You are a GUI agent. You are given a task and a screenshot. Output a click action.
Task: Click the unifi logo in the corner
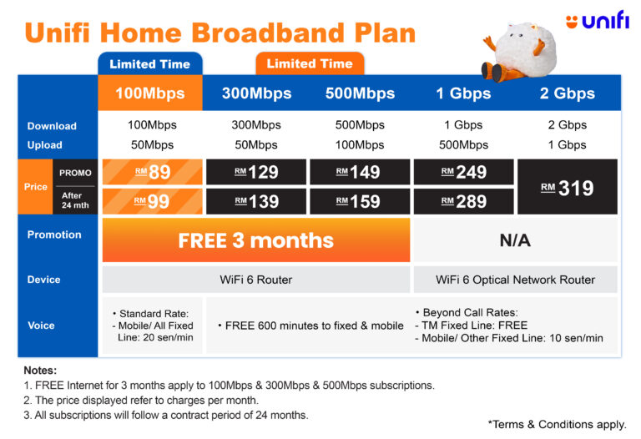coord(598,20)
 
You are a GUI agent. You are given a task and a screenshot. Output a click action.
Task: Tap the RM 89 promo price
coord(153,172)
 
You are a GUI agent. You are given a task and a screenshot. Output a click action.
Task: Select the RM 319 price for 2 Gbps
coord(568,187)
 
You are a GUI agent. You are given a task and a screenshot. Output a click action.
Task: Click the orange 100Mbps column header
coord(150,93)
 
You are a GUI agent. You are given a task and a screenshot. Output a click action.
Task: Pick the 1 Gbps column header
coord(463,93)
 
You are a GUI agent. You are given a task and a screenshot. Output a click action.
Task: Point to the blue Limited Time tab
coord(150,63)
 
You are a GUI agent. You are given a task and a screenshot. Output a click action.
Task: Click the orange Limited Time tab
coord(310,63)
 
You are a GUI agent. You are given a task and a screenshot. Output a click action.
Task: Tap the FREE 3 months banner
coord(256,240)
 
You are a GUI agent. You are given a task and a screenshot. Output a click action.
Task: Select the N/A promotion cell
coord(516,240)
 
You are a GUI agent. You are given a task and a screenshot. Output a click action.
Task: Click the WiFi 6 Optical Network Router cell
coord(516,280)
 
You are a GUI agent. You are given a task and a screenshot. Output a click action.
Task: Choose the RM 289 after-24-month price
coord(463,201)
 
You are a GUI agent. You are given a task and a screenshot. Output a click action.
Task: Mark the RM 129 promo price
coord(256,172)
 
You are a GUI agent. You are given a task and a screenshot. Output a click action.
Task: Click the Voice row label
coord(41,325)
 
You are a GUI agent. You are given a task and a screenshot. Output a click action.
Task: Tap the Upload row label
coord(44,145)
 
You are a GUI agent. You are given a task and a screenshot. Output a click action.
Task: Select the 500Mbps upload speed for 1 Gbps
coord(463,144)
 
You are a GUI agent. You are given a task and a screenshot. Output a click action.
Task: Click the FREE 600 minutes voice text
coord(311,325)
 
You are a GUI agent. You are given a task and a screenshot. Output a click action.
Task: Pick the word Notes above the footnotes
coord(40,371)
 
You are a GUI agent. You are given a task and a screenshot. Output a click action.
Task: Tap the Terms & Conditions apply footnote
coord(558,424)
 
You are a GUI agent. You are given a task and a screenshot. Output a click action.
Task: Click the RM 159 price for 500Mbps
coord(360,201)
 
